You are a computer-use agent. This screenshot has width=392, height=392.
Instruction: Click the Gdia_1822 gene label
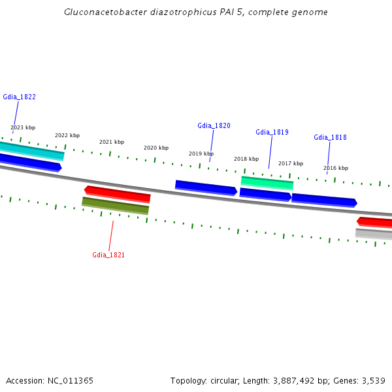tap(19, 97)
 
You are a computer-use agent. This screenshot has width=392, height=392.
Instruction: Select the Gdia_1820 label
tap(214, 125)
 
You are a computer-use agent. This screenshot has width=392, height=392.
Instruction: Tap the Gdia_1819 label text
tap(272, 132)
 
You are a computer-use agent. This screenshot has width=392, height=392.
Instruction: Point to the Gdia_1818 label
tap(330, 137)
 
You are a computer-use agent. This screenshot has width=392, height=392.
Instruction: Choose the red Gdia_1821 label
tap(108, 255)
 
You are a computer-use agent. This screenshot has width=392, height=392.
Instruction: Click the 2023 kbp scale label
tap(23, 127)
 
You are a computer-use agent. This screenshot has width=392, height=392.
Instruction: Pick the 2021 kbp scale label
tap(112, 142)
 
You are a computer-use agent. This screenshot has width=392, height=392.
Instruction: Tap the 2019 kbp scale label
tap(201, 154)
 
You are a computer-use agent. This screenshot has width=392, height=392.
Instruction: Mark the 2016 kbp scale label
tap(336, 168)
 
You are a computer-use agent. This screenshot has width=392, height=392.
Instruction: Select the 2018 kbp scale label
tap(246, 159)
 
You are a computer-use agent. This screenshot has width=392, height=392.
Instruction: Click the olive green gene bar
tap(116, 205)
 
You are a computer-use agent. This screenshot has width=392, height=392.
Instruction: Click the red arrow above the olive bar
tap(118, 194)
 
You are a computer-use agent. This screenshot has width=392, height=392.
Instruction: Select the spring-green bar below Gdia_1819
tap(267, 182)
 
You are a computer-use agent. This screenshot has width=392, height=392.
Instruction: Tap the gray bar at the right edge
tap(374, 234)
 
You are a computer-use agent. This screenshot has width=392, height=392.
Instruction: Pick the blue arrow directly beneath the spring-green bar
tap(265, 194)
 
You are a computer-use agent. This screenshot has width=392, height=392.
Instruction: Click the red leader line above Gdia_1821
tap(111, 235)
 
